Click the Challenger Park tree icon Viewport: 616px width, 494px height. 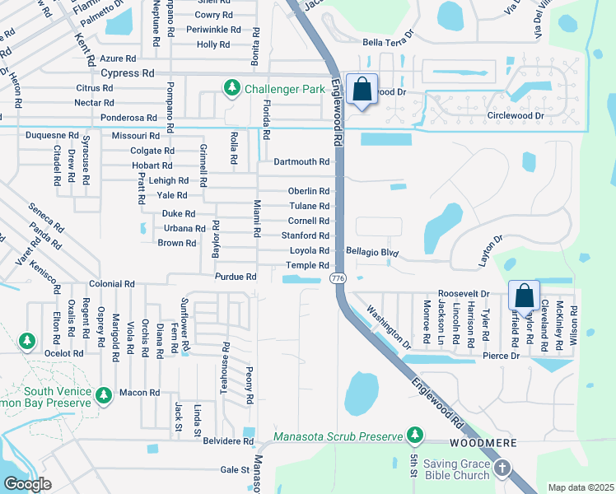click(233, 87)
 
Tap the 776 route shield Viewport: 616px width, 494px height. click(339, 279)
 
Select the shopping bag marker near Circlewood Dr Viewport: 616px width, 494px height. click(362, 89)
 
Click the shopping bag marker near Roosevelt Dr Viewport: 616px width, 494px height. click(524, 296)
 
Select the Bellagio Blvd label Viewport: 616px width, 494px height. click(372, 252)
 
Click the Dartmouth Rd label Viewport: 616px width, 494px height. click(301, 162)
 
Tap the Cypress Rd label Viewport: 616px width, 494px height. click(128, 73)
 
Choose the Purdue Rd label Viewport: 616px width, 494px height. click(236, 277)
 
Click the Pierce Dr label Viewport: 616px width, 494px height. click(502, 356)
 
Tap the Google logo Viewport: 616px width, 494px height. click(27, 483)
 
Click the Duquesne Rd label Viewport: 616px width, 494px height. click(52, 135)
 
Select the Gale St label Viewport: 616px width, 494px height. click(234, 470)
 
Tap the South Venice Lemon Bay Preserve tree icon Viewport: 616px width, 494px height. click(104, 396)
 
